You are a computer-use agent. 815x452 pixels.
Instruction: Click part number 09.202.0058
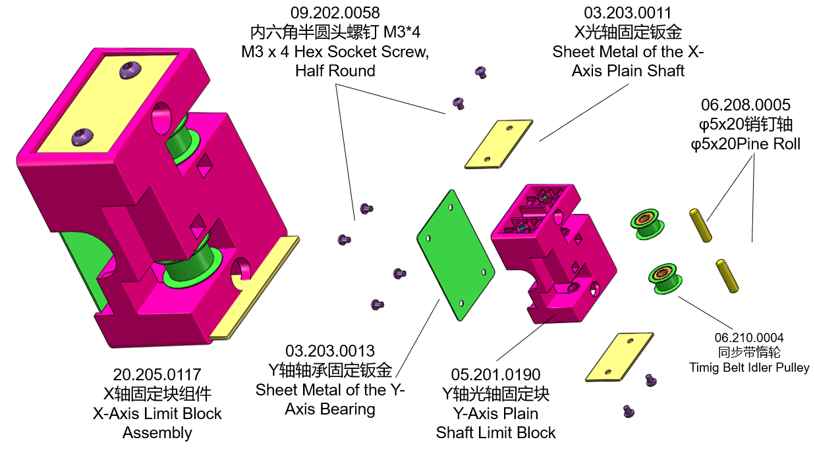click(x=335, y=13)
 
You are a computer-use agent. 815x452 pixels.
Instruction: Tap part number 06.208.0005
click(x=745, y=105)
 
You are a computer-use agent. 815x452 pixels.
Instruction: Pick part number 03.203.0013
click(x=329, y=351)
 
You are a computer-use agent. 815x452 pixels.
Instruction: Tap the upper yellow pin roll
click(x=700, y=225)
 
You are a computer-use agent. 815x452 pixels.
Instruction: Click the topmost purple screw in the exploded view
click(x=481, y=72)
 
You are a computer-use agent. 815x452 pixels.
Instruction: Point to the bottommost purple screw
click(x=629, y=412)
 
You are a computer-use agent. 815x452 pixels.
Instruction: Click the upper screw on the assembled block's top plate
click(x=130, y=68)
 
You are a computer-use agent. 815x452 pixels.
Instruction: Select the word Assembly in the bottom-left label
click(x=157, y=433)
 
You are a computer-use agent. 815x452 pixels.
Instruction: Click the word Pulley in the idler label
click(x=789, y=367)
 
